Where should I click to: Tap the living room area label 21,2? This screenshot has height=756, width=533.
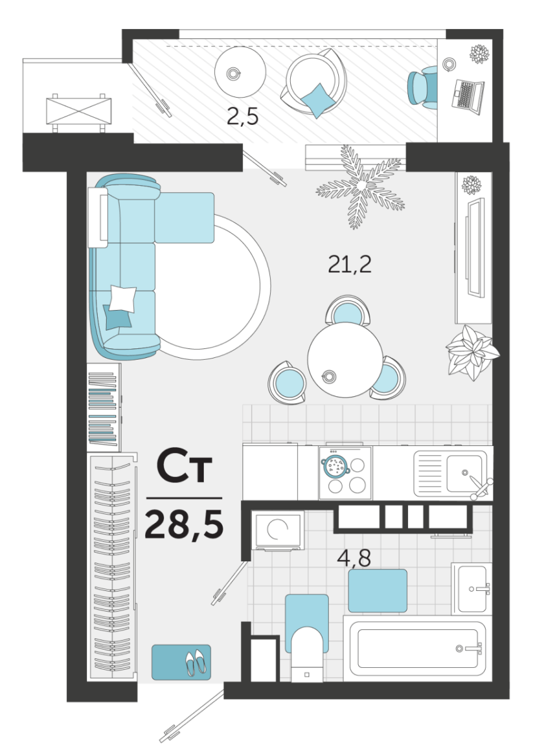point(349,264)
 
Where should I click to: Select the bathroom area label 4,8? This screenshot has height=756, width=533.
point(354,558)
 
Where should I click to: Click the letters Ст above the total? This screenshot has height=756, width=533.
point(184,467)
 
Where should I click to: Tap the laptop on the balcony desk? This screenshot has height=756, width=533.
point(468,96)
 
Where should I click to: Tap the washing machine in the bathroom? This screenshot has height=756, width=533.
point(278,530)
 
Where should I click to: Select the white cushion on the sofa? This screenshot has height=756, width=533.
point(124,299)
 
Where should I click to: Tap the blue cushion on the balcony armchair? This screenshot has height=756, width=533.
point(317,100)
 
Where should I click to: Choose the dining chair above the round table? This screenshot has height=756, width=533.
point(348,311)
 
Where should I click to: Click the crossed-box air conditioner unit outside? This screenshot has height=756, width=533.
point(78,112)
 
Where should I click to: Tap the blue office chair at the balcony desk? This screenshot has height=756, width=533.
point(423,88)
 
